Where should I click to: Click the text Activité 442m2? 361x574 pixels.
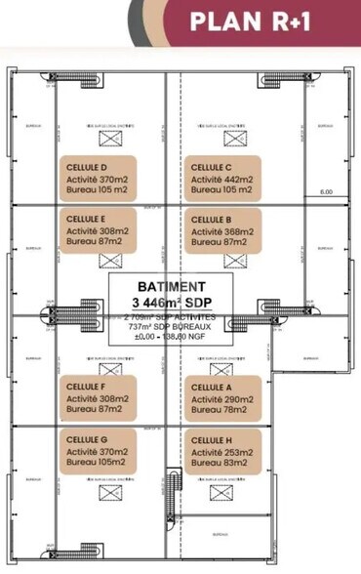[x=223, y=180]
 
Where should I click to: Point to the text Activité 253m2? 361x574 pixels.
[x=223, y=454]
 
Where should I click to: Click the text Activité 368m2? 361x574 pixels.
[x=223, y=232]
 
